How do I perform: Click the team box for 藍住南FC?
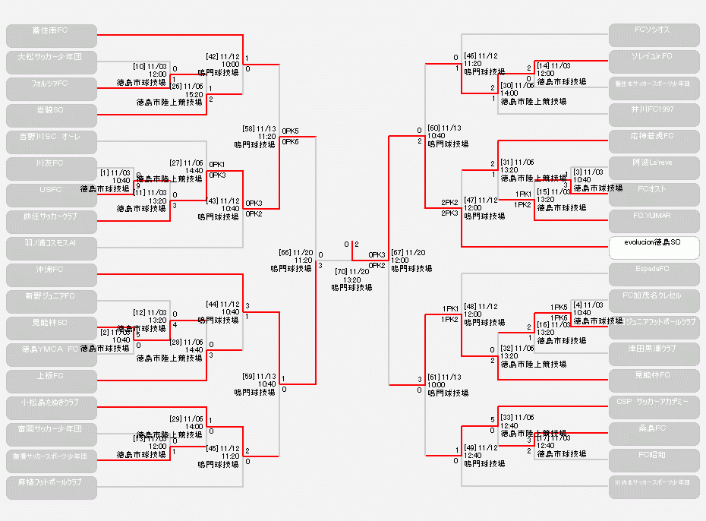pyautogui.click(x=52, y=36)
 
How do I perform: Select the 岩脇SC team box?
pyautogui.click(x=52, y=115)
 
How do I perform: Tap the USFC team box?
pyautogui.click(x=52, y=195)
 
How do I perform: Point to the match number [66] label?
pyautogui.click(x=285, y=252)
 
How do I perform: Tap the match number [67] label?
pyautogui.click(x=399, y=252)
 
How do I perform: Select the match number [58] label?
pyautogui.click(x=248, y=128)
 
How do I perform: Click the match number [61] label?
pyautogui.click(x=434, y=377)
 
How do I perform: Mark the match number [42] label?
pyautogui.click(x=212, y=56)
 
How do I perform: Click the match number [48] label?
pyautogui.click(x=471, y=306)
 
